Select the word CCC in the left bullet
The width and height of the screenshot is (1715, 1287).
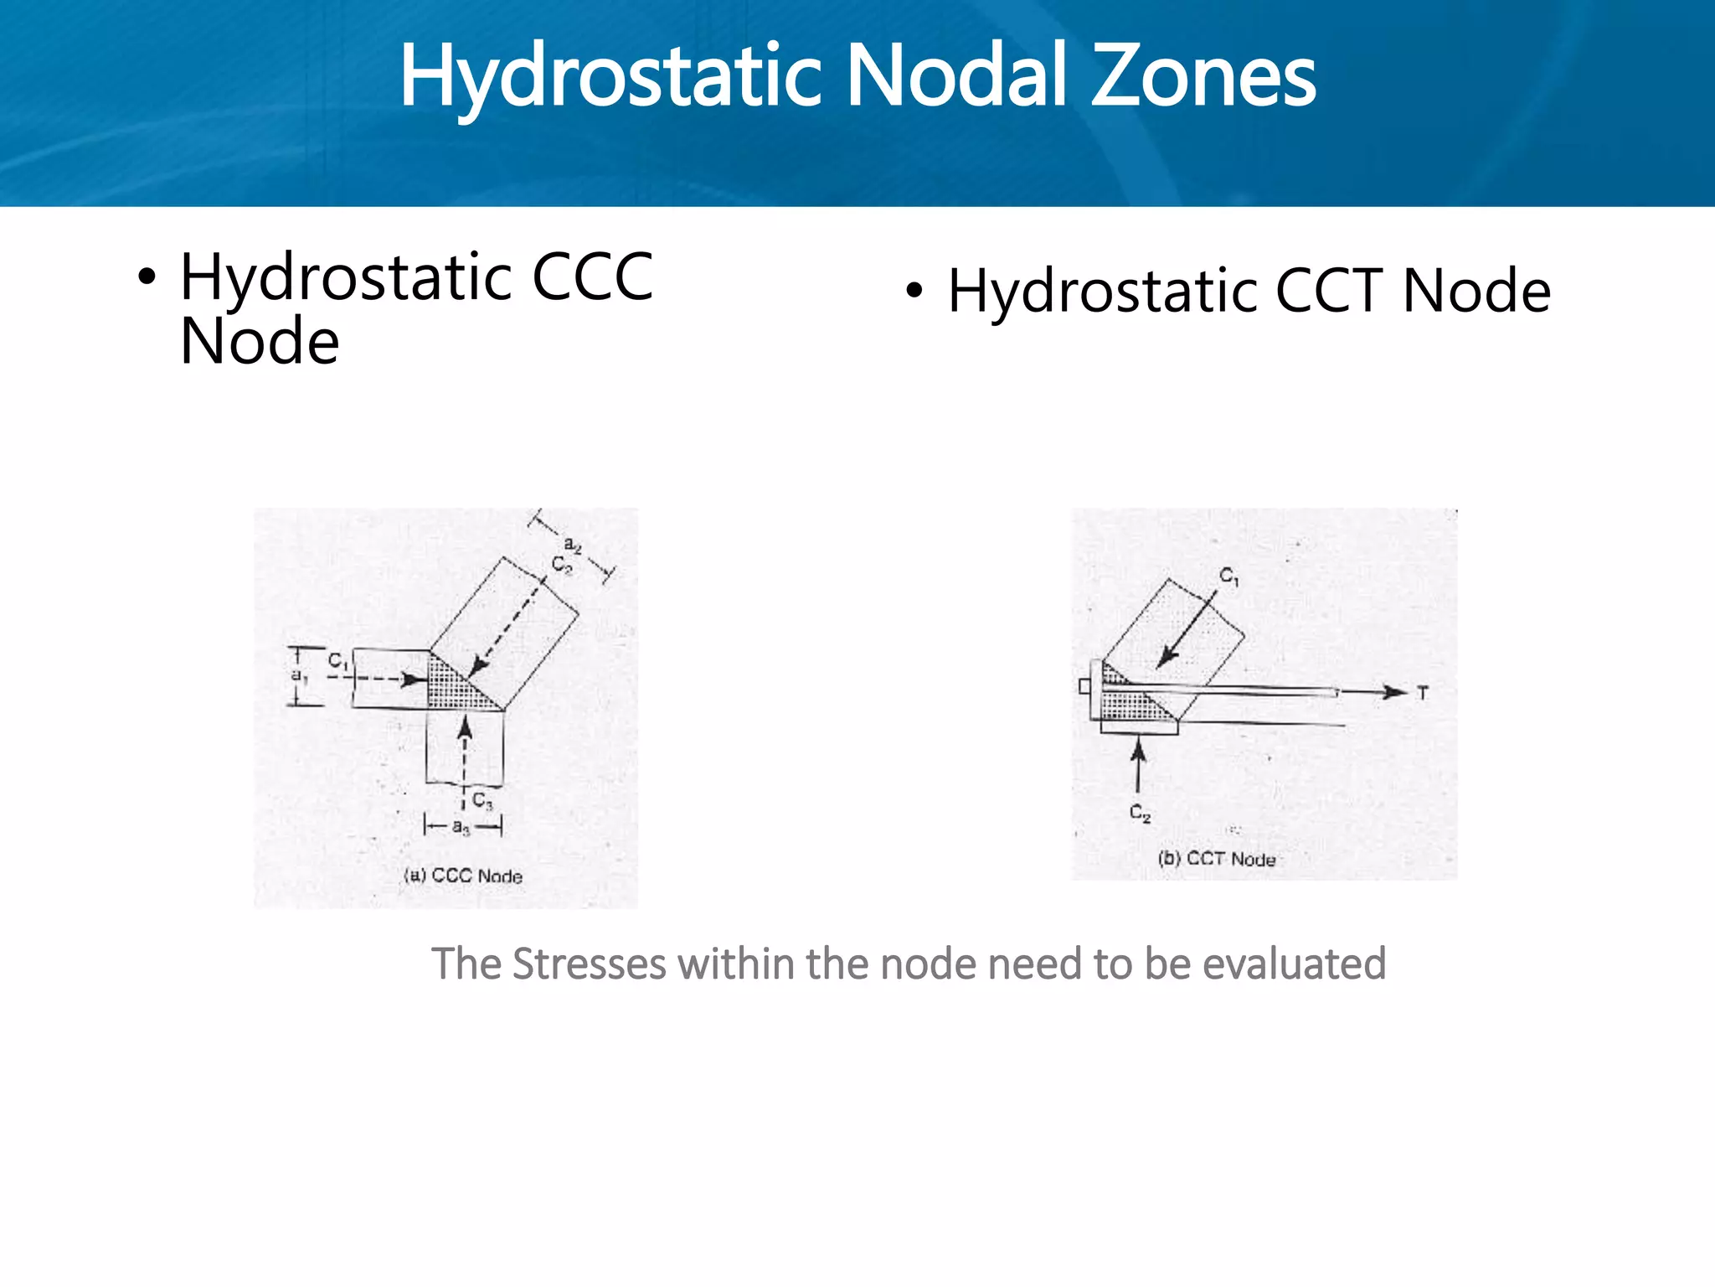point(592,277)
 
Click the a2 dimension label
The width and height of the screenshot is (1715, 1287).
point(573,545)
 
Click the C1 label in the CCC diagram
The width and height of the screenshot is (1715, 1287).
point(337,661)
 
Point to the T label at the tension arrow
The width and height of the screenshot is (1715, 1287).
point(1422,693)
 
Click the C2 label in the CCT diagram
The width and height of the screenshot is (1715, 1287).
point(1140,812)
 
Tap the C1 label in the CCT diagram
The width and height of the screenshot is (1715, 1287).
point(1228,576)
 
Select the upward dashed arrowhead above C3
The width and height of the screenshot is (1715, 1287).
point(465,728)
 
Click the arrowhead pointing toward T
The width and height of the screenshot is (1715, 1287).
point(1394,692)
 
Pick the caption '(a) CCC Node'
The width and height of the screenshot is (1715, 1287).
point(463,876)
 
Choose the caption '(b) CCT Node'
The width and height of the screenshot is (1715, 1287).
point(1217,859)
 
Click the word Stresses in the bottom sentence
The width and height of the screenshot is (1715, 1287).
point(589,964)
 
